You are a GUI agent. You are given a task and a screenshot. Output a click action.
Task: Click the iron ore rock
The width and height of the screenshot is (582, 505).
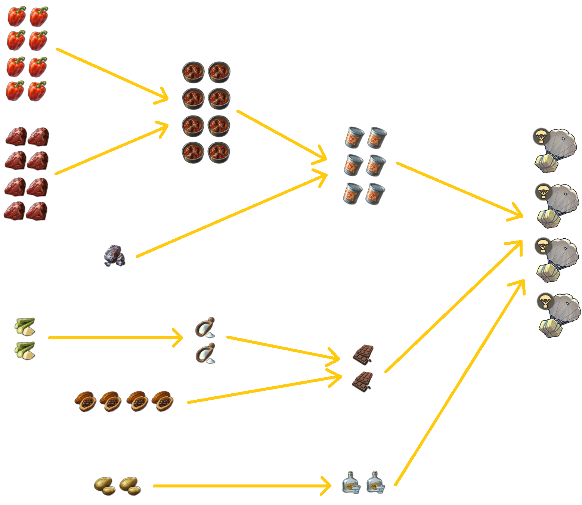pyautogui.click(x=115, y=256)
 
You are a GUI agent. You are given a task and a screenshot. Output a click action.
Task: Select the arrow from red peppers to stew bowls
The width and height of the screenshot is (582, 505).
pyautogui.click(x=112, y=75)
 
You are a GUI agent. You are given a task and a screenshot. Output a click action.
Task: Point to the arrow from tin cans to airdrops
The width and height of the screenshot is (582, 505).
pyautogui.click(x=459, y=189)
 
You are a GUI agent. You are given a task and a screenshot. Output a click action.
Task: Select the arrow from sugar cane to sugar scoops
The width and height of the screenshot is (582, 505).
pyautogui.click(x=116, y=338)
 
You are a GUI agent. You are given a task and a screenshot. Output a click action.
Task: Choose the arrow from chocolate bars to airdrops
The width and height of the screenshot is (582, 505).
pyautogui.click(x=454, y=306)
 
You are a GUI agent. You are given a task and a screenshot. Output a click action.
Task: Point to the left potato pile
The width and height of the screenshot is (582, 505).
pyautogui.click(x=103, y=486)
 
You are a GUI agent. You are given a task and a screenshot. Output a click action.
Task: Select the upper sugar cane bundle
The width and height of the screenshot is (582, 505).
pyautogui.click(x=25, y=326)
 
